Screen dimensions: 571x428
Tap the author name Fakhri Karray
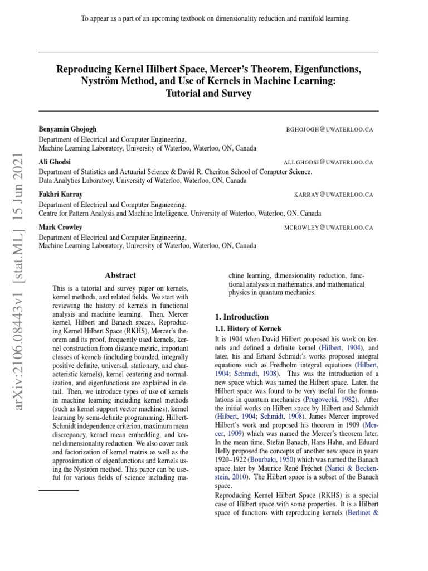tap(61, 194)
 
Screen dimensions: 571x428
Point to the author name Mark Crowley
tap(60, 227)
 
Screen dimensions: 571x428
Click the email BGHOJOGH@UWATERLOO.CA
tap(329, 129)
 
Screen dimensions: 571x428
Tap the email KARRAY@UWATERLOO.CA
tap(333, 195)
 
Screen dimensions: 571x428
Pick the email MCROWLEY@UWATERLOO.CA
tap(329, 228)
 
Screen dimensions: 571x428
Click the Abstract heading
tap(120, 275)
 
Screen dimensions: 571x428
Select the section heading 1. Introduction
tap(242, 317)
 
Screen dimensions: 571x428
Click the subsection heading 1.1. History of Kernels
tap(248, 329)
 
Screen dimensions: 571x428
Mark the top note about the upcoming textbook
tap(215, 19)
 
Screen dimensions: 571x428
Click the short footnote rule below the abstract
tap(59, 490)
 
